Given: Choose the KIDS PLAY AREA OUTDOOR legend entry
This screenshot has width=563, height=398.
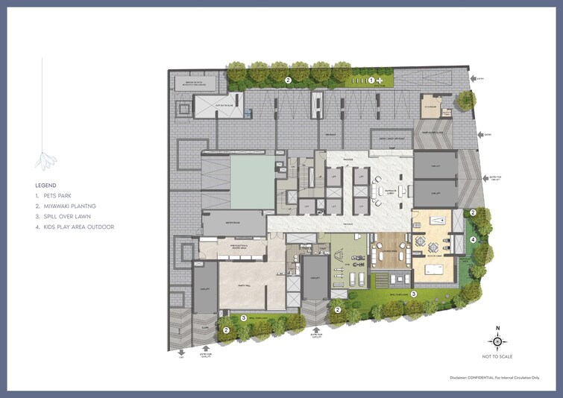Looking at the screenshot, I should pyautogui.click(x=78, y=227).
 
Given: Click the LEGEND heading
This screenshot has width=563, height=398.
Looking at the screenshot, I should pyautogui.click(x=46, y=185).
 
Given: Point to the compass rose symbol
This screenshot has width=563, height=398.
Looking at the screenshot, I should pyautogui.click(x=498, y=341).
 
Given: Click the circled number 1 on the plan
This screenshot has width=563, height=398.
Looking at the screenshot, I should pyautogui.click(x=371, y=79).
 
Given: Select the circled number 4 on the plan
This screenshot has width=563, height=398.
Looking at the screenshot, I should pyautogui.click(x=474, y=240).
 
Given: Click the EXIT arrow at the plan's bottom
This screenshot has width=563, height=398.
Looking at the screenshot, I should pyautogui.click(x=180, y=355).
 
